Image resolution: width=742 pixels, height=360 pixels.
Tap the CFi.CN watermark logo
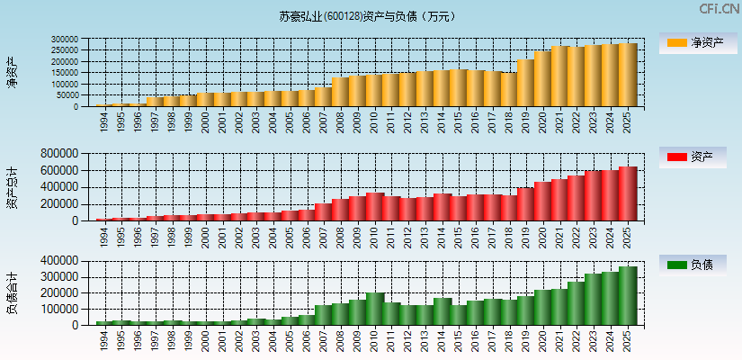click(717, 8)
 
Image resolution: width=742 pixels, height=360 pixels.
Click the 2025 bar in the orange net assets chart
click(628, 75)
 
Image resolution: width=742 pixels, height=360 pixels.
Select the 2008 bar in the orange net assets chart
click(341, 92)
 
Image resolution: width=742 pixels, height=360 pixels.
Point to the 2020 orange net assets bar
click(542, 79)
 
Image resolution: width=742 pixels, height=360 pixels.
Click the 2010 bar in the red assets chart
click(375, 207)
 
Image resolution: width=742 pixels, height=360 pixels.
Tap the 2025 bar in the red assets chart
click(628, 193)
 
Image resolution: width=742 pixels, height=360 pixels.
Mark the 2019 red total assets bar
click(526, 204)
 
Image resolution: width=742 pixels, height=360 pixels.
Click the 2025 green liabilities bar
click(628, 295)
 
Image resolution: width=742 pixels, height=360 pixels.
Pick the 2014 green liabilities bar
click(443, 311)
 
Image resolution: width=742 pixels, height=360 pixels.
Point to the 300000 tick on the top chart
click(66, 40)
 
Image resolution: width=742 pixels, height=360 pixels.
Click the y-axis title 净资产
click(12, 72)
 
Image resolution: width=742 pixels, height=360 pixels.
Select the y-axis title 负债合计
click(12, 292)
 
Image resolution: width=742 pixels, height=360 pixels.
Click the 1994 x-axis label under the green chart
click(104, 340)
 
